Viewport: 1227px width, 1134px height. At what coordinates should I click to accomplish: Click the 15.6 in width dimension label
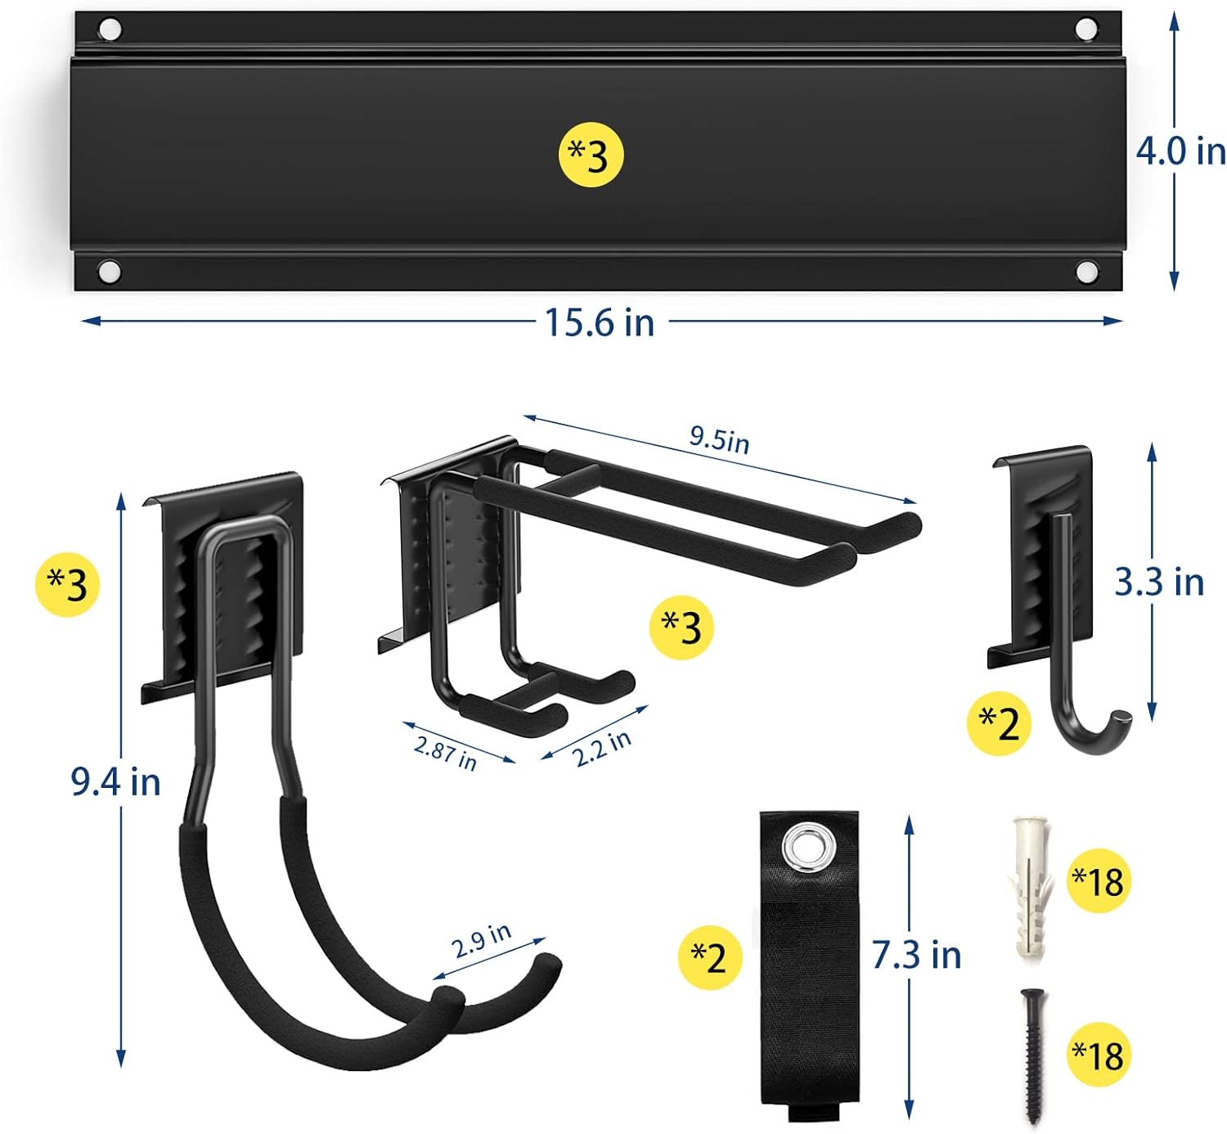tap(600, 322)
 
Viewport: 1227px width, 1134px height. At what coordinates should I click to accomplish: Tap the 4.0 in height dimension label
tap(1180, 151)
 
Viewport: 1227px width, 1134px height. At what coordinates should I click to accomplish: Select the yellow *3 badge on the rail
tap(591, 155)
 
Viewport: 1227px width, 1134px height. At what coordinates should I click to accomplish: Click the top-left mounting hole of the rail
tap(110, 30)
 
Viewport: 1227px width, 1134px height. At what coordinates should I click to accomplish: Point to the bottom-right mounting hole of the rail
tap(1086, 271)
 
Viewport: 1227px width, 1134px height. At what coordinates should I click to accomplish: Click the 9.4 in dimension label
tap(115, 782)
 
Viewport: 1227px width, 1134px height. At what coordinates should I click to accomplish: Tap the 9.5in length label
tap(718, 439)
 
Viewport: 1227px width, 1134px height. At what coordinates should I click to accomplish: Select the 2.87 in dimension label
tap(445, 752)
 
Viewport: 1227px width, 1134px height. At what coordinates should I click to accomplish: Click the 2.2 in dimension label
tap(601, 748)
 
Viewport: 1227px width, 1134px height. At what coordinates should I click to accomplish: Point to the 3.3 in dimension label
tap(1159, 583)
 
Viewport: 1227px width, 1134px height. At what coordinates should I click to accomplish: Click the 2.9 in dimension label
tap(481, 940)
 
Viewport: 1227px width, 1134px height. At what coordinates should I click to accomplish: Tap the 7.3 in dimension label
tap(916, 955)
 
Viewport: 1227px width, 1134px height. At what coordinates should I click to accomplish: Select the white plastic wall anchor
tap(1030, 886)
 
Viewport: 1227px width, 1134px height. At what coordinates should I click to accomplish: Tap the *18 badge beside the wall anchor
tap(1099, 881)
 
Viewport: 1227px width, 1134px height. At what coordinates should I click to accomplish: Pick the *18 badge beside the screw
tap(1099, 1055)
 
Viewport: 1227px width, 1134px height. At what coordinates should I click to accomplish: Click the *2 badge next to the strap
tap(709, 956)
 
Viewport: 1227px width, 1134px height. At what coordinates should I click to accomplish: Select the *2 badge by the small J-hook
tap(999, 723)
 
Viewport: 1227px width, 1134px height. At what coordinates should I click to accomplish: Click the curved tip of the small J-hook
tap(1117, 723)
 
